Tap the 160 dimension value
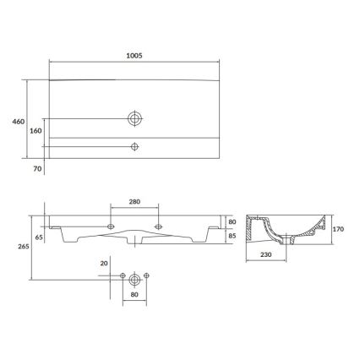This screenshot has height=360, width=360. tap(35, 131)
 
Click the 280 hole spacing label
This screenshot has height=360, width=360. tap(134, 202)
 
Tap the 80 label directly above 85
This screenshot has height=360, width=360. tap(232, 223)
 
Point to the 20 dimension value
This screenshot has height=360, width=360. tap(103, 263)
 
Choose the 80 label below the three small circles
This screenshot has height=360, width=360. tap(134, 296)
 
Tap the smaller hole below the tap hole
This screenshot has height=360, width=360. tap(134, 147)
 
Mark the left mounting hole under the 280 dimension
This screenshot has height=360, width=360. tap(112, 226)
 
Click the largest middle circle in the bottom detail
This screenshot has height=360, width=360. tap(134, 277)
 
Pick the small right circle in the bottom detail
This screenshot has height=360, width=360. tap(145, 277)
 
